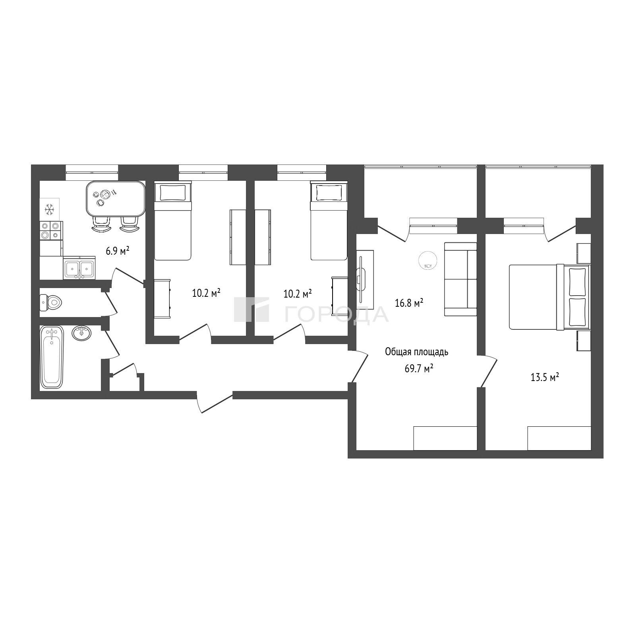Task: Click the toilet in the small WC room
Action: (51, 303)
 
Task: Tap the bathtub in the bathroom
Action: (52, 357)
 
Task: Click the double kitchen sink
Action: (79, 268)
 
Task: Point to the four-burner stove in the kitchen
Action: (51, 230)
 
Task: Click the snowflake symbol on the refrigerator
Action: (50, 209)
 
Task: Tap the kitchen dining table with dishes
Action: (115, 198)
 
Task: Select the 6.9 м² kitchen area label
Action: (118, 251)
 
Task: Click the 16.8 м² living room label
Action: (409, 303)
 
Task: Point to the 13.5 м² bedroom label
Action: (545, 377)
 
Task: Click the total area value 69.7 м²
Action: (419, 368)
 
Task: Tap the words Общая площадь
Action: (417, 352)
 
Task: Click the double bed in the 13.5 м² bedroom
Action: (550, 297)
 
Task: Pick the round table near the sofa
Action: (428, 261)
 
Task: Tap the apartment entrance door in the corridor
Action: (215, 402)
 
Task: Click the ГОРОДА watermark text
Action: (336, 314)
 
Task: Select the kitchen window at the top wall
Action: (92, 173)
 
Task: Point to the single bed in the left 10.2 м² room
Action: (173, 221)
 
